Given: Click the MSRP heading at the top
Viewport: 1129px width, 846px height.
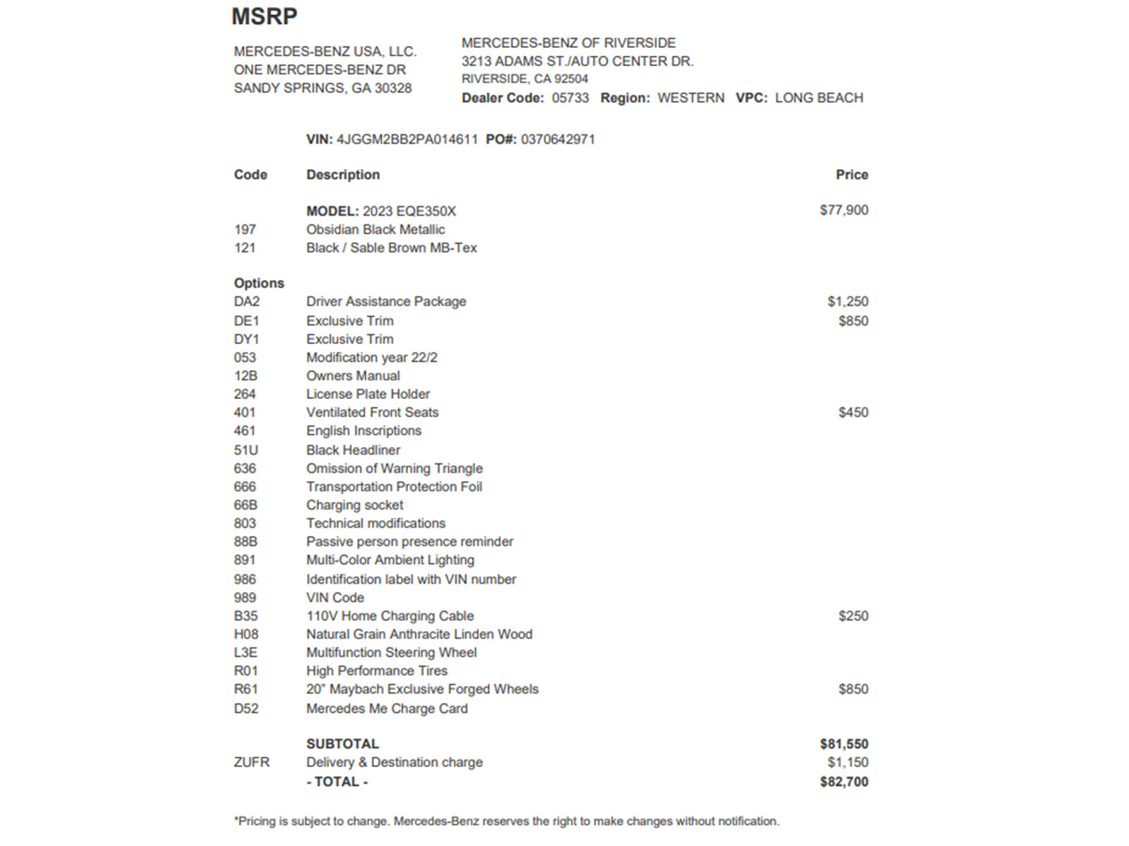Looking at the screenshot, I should point(265,16).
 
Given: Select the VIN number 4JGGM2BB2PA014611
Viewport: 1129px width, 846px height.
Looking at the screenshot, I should point(407,140).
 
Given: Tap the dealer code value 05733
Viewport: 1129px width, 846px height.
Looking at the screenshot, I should point(570,98).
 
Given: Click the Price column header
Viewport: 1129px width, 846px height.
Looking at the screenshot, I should point(852,175).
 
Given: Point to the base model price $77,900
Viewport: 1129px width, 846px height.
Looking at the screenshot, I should point(844,210).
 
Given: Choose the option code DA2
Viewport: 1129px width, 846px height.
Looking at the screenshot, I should point(247,302).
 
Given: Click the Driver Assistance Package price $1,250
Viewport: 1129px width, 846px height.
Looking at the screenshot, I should point(847,302).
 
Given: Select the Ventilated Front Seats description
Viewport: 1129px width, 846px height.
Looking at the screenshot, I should point(372,412).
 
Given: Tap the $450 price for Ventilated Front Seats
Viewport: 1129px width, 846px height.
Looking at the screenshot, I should point(853,412).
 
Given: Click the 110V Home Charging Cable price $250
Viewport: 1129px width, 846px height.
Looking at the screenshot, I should point(853,616).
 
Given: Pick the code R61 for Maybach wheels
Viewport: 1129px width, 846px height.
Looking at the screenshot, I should point(246,689).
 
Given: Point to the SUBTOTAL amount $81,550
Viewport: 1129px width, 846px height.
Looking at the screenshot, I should point(844,744).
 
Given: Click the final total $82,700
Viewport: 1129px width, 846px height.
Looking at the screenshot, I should point(844,782).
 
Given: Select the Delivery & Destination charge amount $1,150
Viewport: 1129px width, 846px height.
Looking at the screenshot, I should point(847,762).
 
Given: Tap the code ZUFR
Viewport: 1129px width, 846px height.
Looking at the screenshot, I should point(252,762).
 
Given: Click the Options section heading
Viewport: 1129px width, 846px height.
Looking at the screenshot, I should point(259,283).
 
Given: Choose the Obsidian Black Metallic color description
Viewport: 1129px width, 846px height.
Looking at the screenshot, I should point(375,230).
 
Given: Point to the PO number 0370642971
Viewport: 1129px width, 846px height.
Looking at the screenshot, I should point(557,140).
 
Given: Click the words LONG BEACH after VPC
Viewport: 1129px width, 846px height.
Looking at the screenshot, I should point(819,98).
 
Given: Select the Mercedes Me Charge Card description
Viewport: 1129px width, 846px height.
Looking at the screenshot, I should point(387,709).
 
